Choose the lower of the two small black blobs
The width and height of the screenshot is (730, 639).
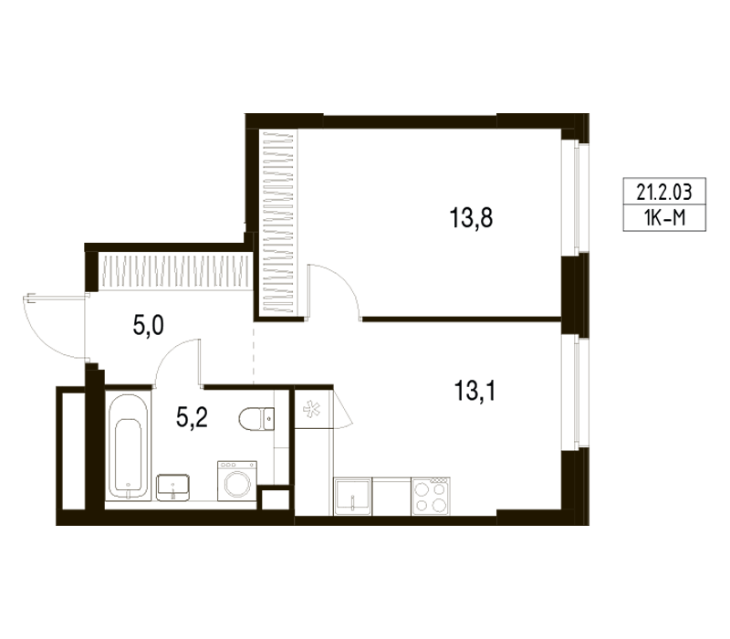[193, 419]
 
